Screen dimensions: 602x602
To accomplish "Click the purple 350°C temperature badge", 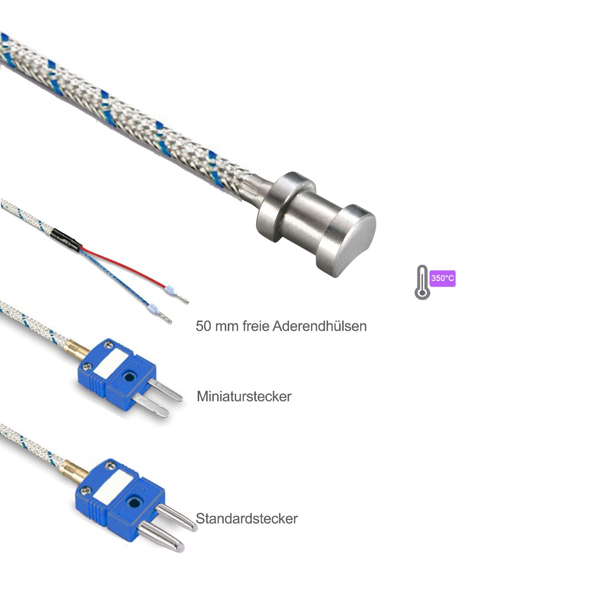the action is (x=442, y=278).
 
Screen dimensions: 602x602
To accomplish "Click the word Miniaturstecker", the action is (x=244, y=396).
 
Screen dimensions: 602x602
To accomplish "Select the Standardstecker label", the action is (x=246, y=518).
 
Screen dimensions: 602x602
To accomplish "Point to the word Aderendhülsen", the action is (x=319, y=326).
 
